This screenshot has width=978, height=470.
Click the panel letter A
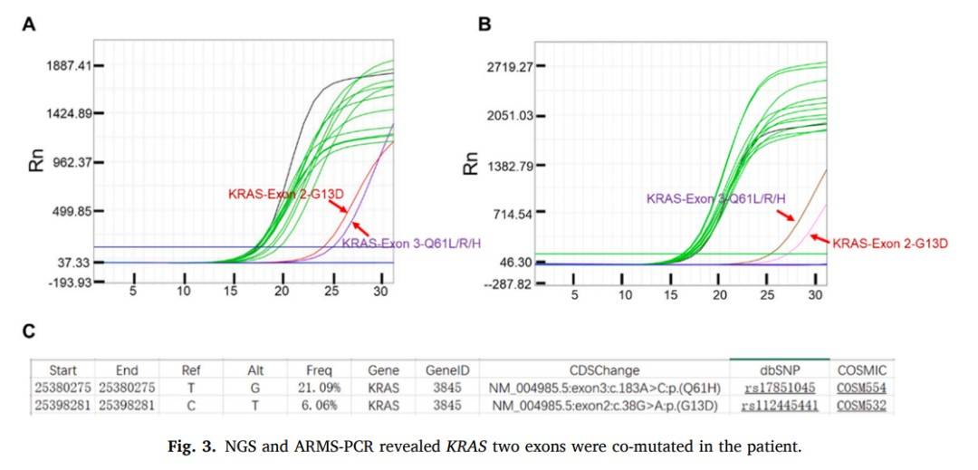point(29,25)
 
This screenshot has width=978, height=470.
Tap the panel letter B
point(484,25)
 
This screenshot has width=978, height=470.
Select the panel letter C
point(29,331)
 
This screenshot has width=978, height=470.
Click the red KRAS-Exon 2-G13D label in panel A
point(279,193)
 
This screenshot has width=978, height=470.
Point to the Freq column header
point(319,370)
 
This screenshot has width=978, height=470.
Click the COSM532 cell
point(860,405)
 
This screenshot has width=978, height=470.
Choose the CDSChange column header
point(604,370)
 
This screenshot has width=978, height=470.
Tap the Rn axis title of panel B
point(471,163)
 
